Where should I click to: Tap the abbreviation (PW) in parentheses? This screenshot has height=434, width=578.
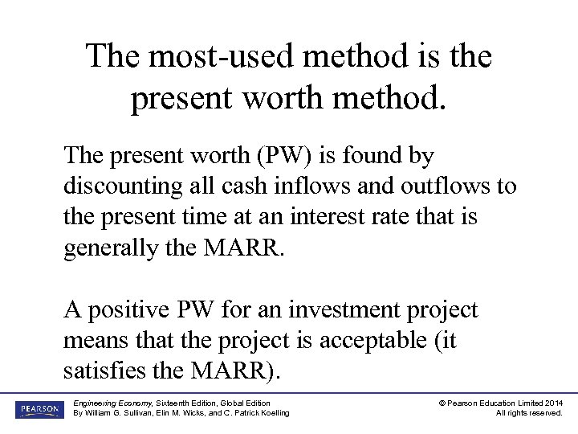[264, 155]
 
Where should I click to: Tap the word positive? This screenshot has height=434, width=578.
[128, 310]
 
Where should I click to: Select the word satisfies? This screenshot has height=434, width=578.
[104, 372]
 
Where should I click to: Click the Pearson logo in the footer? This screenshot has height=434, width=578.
[39, 409]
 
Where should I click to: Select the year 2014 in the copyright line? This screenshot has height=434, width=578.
[553, 403]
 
